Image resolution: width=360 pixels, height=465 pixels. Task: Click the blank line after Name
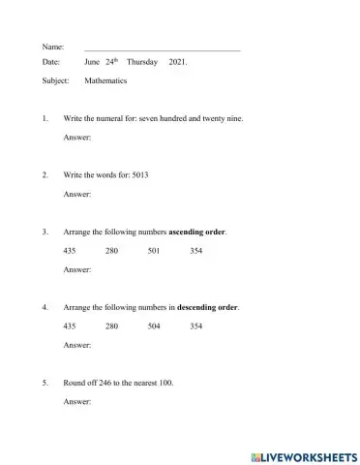point(162,46)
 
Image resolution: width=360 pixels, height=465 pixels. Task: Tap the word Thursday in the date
point(141,61)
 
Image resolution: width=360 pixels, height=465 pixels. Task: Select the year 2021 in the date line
point(178,61)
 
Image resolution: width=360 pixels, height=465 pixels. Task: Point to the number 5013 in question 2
point(139,174)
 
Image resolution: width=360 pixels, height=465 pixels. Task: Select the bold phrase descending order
point(208,307)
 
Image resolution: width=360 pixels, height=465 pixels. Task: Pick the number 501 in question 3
point(154,251)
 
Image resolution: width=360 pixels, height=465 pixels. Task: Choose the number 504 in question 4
point(154,325)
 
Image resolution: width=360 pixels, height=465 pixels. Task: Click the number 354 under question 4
point(196,325)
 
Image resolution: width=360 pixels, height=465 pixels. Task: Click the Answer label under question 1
point(76,138)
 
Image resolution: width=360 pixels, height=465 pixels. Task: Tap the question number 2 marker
point(45,174)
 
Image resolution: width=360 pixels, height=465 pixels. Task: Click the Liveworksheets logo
point(304,455)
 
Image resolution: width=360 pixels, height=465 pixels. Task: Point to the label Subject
point(56,82)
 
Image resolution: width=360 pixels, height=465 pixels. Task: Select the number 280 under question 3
point(111,251)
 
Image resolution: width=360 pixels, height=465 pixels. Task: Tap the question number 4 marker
point(45,307)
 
